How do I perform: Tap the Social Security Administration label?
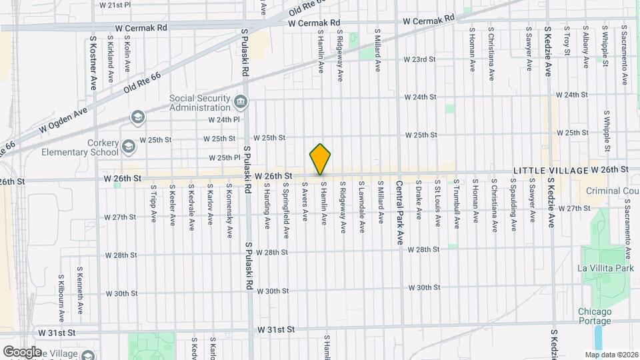[x=199, y=101]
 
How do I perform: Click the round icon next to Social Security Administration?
[x=241, y=101]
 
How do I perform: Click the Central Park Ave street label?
[x=399, y=212]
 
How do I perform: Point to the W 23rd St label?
[x=419, y=59]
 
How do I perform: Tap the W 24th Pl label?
[x=223, y=120]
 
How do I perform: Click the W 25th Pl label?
[x=224, y=158]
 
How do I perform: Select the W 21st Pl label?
[x=115, y=5]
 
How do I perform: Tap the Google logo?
[x=21, y=351]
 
